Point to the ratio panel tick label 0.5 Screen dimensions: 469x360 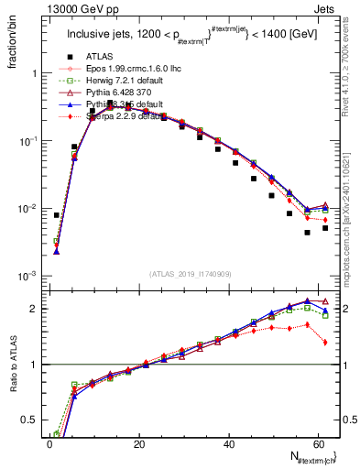pyautogui.click(x=27, y=420)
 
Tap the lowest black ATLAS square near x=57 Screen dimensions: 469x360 pyautogui.click(x=308, y=233)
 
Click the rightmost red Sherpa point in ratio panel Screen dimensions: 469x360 pyautogui.click(x=326, y=343)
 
